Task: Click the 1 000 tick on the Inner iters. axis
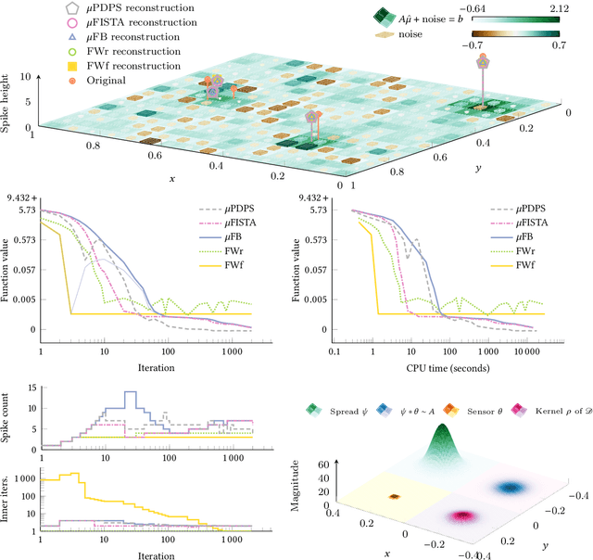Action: pyautogui.click(x=23, y=480)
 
